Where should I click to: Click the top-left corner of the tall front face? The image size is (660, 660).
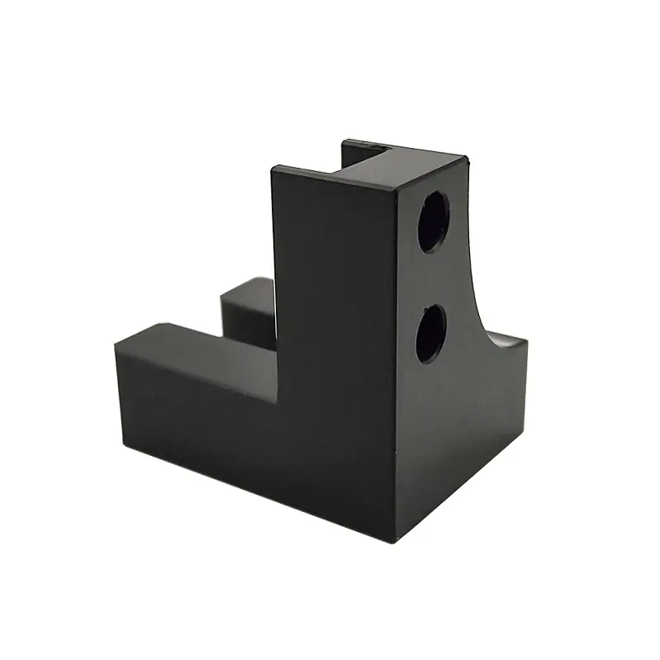click(x=273, y=169)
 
